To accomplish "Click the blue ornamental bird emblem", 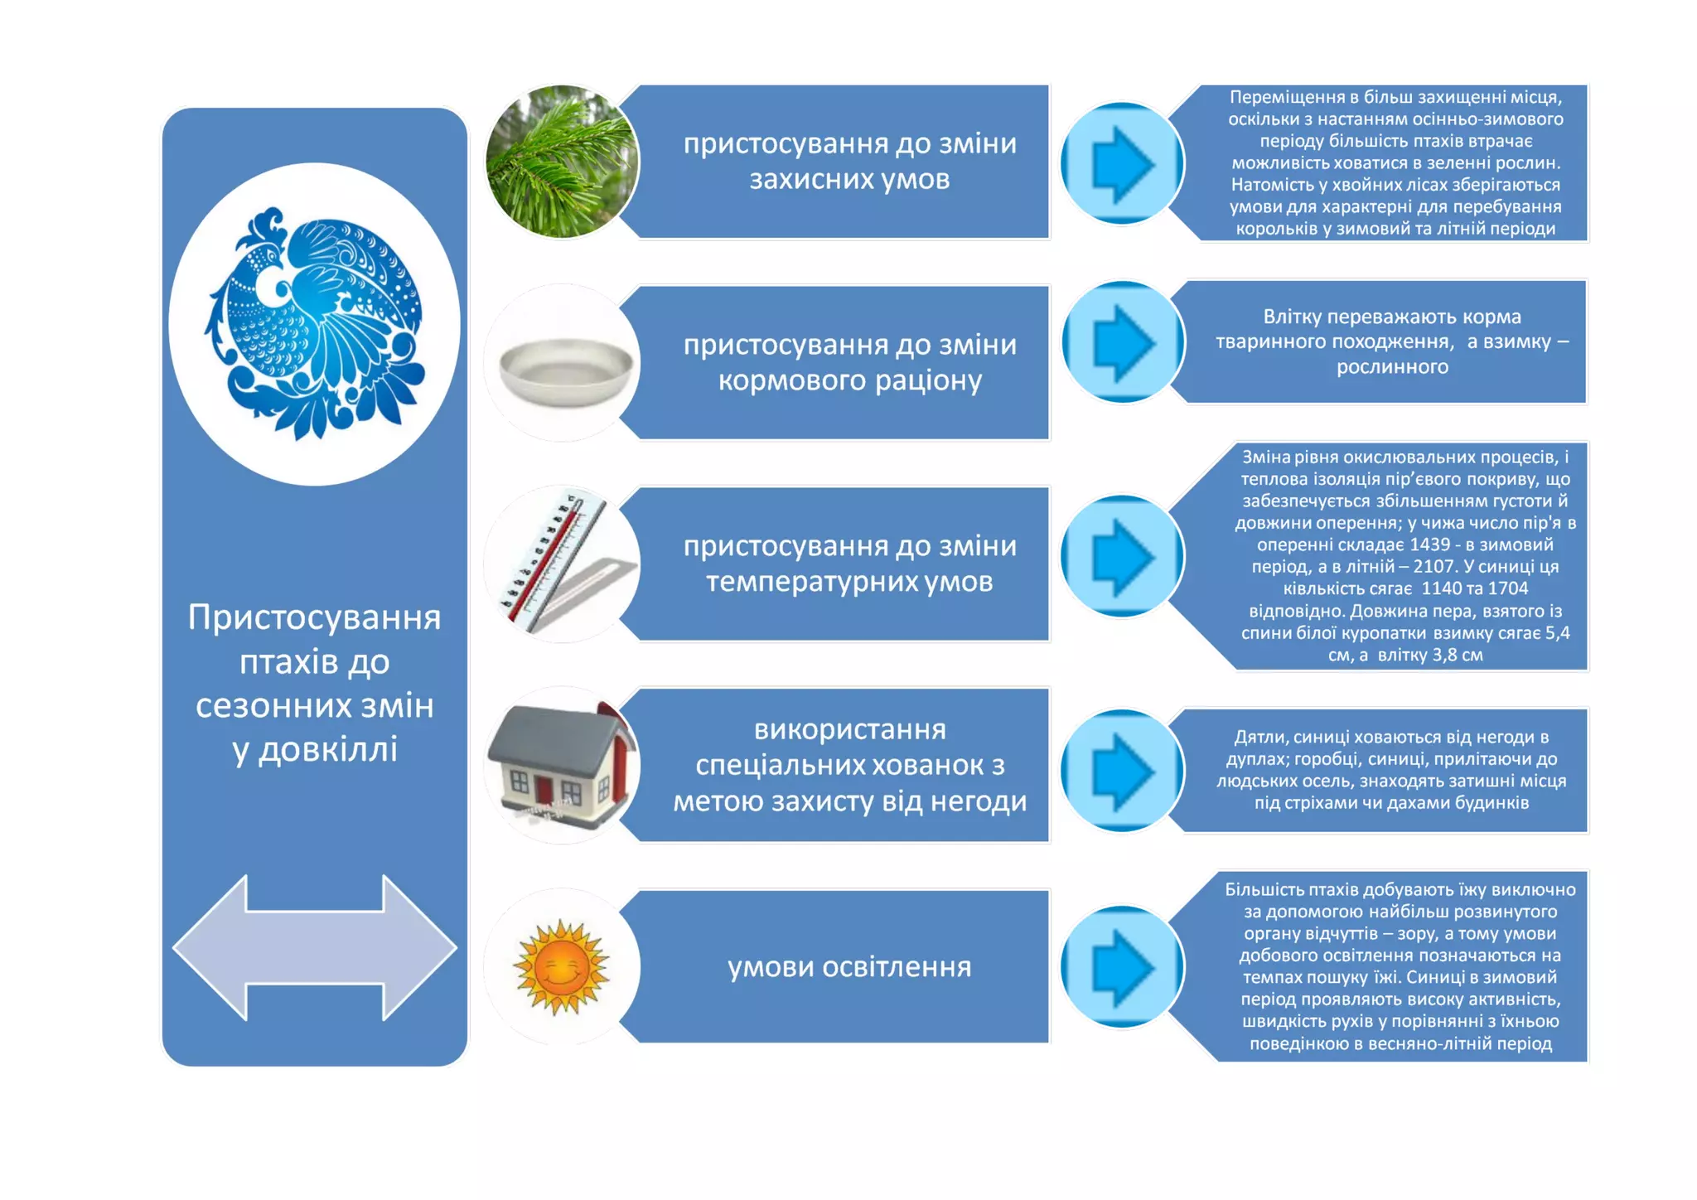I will click(315, 323).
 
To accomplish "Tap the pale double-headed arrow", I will click(315, 947).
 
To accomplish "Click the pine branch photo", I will click(562, 162).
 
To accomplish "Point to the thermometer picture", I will click(562, 564).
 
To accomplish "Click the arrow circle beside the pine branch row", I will click(1123, 163).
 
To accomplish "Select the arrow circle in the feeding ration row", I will click(1123, 342).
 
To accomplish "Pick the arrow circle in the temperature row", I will click(1123, 556).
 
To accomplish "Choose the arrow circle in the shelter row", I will click(1123, 771).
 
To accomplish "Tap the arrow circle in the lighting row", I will click(1123, 967).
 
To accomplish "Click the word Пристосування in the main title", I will click(314, 617).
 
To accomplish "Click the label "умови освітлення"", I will click(849, 967).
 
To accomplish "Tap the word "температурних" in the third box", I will click(811, 582).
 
